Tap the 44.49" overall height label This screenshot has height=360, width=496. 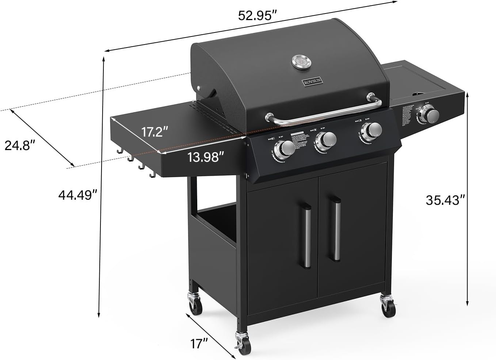click(77, 195)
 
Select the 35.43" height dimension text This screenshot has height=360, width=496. click(445, 200)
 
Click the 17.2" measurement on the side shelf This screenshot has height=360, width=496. click(154, 131)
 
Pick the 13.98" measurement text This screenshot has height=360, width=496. click(205, 157)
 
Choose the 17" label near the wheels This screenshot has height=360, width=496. click(199, 344)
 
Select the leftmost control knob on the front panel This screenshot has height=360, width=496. click(285, 148)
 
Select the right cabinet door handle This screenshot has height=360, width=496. click(336, 228)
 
